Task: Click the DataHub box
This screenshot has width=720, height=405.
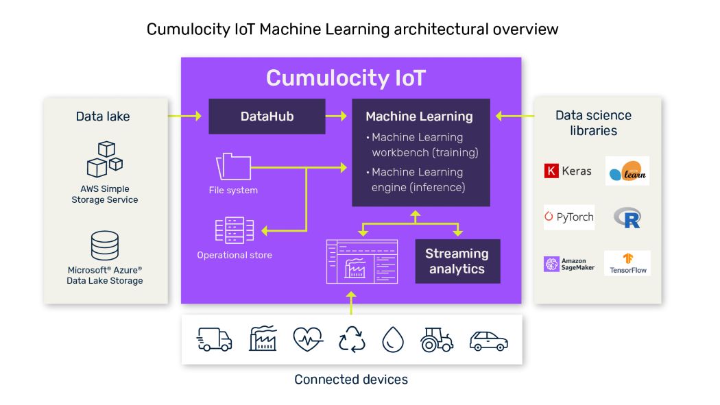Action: pos(267,116)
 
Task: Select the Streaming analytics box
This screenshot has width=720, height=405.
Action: pos(457,261)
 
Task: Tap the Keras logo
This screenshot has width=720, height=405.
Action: pos(568,171)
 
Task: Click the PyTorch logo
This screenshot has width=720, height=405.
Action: pos(569,217)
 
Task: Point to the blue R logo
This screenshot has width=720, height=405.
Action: pos(627,218)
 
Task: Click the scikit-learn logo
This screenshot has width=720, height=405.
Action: pos(627,171)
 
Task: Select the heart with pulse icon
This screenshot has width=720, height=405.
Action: pos(308,339)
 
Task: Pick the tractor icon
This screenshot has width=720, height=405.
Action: pos(437,339)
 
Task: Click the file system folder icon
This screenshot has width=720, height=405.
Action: pos(233,167)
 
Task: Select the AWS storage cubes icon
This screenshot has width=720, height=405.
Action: pos(105,159)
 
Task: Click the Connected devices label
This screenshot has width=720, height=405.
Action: pos(351,379)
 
